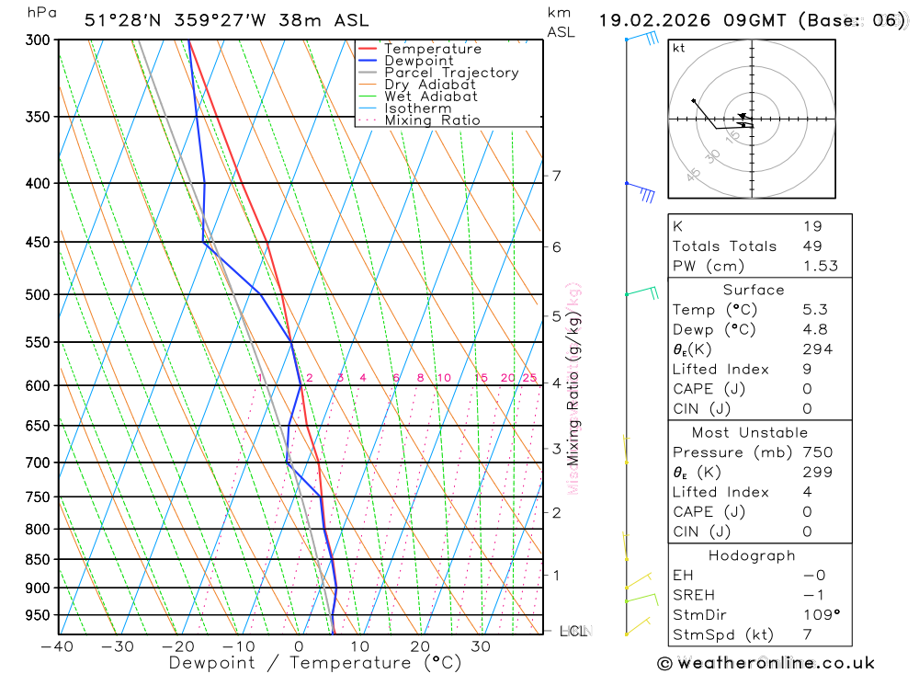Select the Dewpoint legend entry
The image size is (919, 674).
(418, 62)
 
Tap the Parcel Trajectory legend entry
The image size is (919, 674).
(450, 73)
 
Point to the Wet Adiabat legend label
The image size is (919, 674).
(430, 97)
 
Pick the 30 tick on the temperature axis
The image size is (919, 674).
(481, 646)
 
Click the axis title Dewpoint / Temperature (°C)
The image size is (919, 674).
(315, 663)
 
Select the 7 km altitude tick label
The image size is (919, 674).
(556, 176)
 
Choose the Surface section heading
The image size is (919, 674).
(753, 290)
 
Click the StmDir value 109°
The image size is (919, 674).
(821, 615)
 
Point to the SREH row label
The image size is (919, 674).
(694, 595)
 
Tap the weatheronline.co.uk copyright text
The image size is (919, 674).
(766, 663)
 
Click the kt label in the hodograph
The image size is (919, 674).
(679, 49)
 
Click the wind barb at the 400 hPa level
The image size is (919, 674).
(641, 190)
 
